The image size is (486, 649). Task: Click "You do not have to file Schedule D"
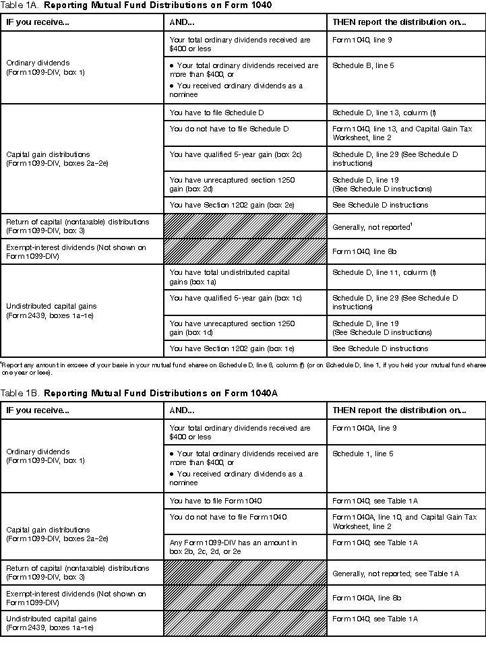point(229,128)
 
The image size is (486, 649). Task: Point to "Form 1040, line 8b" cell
point(362,251)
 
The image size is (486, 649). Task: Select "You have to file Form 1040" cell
point(216,501)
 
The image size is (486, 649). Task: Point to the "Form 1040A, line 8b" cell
point(364,598)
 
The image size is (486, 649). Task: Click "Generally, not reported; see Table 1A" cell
point(395,574)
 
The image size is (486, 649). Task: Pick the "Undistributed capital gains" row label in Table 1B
point(51,623)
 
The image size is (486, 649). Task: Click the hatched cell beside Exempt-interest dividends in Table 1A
point(245,251)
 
